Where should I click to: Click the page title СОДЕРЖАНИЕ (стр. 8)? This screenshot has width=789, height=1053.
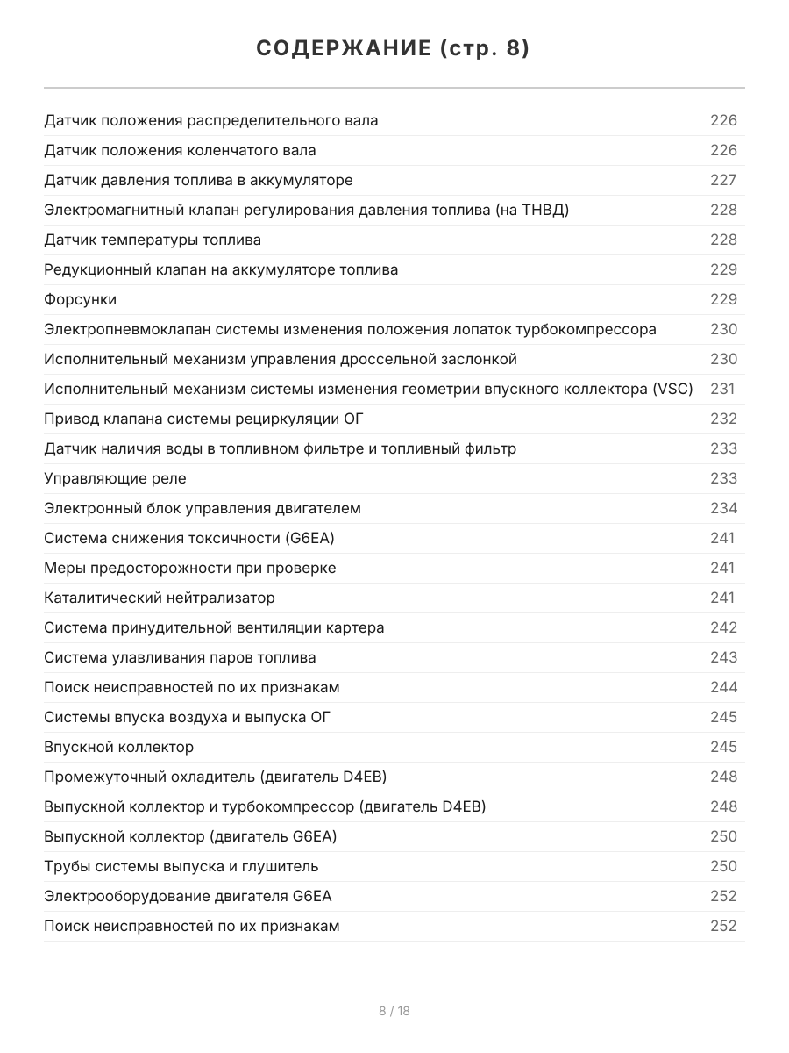[394, 49]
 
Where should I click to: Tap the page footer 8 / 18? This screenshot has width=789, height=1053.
[394, 1011]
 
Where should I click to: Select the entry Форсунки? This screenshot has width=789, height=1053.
[80, 299]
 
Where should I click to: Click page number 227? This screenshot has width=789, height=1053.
[723, 180]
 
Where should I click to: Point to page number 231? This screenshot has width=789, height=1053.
[723, 389]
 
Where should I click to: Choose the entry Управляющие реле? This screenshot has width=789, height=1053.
[115, 478]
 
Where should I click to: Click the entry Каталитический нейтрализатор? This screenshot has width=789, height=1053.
[159, 598]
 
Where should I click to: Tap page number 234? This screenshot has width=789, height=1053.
[723, 508]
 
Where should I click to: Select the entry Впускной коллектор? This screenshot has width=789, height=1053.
[118, 747]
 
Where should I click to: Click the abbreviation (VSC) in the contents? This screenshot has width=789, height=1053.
[672, 389]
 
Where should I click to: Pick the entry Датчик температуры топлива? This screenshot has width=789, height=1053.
[152, 240]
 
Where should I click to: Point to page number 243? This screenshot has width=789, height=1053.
[723, 657]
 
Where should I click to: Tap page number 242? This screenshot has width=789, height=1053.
[723, 627]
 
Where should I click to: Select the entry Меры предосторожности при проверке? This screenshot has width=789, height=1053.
[189, 568]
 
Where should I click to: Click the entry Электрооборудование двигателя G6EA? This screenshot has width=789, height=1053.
[188, 896]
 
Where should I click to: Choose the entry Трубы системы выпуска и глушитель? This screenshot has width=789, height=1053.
[181, 866]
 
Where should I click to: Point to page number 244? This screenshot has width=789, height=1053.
[723, 687]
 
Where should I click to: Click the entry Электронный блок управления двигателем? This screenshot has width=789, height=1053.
[202, 508]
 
